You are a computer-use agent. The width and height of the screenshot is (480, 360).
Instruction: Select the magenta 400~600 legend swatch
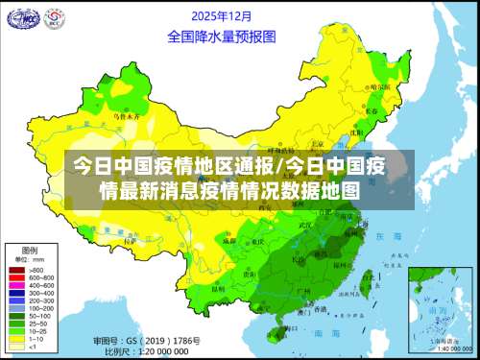pyautogui.click(x=16, y=285)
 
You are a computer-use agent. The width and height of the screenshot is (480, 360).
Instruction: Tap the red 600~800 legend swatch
pyautogui.click(x=16, y=278)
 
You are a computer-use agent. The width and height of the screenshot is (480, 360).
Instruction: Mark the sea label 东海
pyautogui.click(x=387, y=235)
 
